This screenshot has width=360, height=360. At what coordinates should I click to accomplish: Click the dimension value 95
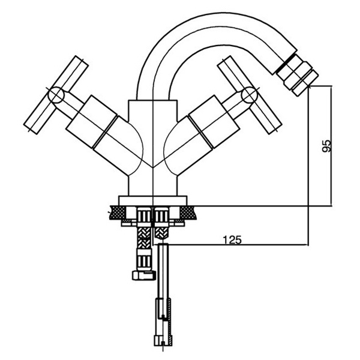pyautogui.click(x=326, y=146)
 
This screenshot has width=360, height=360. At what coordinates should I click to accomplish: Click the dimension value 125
pyautogui.click(x=232, y=240)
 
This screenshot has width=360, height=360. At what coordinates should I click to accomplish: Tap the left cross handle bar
pyautogui.click(x=56, y=95)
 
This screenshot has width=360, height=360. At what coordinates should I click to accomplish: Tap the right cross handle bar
pyautogui.click(x=250, y=95)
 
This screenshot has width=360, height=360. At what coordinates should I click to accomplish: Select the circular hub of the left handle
pyautogui.click(x=56, y=95)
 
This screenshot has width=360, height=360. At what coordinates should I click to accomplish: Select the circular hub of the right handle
pyautogui.click(x=249, y=94)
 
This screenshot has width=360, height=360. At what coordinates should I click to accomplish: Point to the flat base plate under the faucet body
pyautogui.click(x=152, y=200)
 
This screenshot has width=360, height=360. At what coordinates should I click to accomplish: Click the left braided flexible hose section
pyautogui.click(x=144, y=238)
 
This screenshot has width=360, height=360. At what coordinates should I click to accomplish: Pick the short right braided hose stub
pyautogui.click(x=162, y=232)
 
